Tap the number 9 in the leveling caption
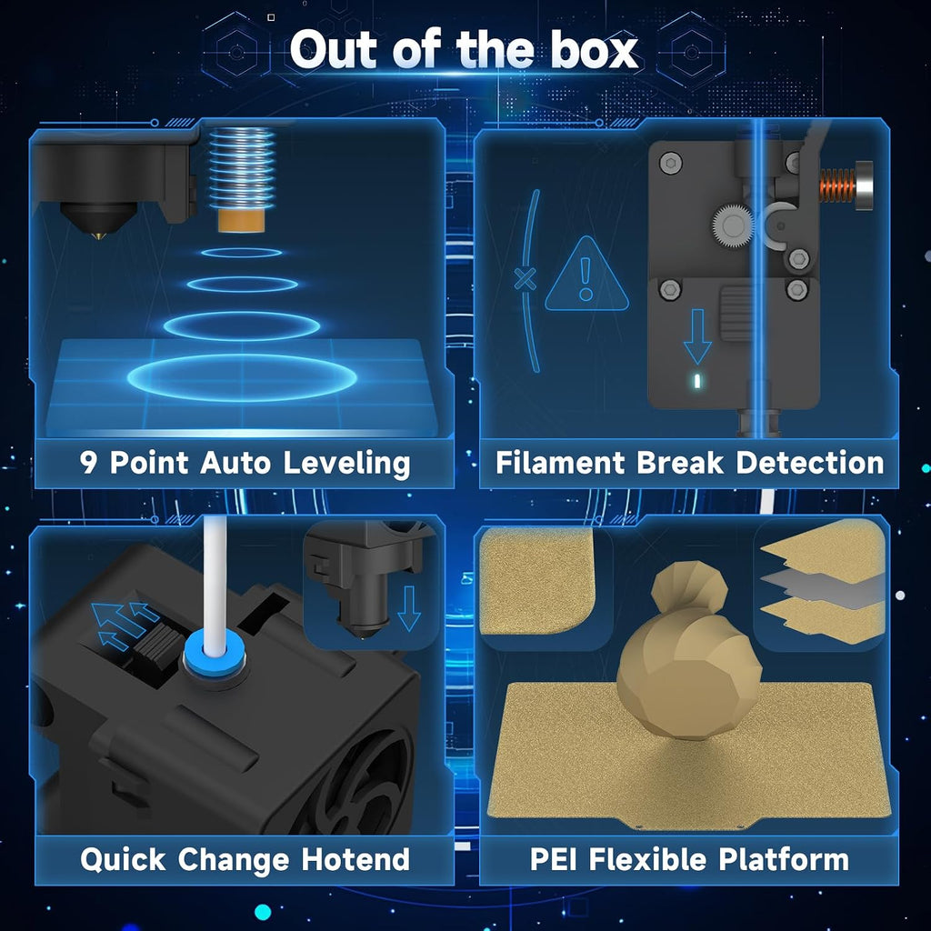[x=88, y=463]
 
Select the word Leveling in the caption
[x=346, y=463]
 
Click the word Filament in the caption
[x=560, y=463]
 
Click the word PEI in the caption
[x=553, y=859]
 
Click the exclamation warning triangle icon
[x=586, y=275]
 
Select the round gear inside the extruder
[x=734, y=225]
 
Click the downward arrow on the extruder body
[x=697, y=336]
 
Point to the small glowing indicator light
[x=697, y=381]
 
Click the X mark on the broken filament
[x=526, y=278]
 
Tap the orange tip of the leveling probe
[x=242, y=220]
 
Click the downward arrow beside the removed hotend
[x=409, y=608]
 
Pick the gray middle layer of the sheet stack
[x=822, y=589]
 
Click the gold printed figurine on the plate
[x=689, y=652]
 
